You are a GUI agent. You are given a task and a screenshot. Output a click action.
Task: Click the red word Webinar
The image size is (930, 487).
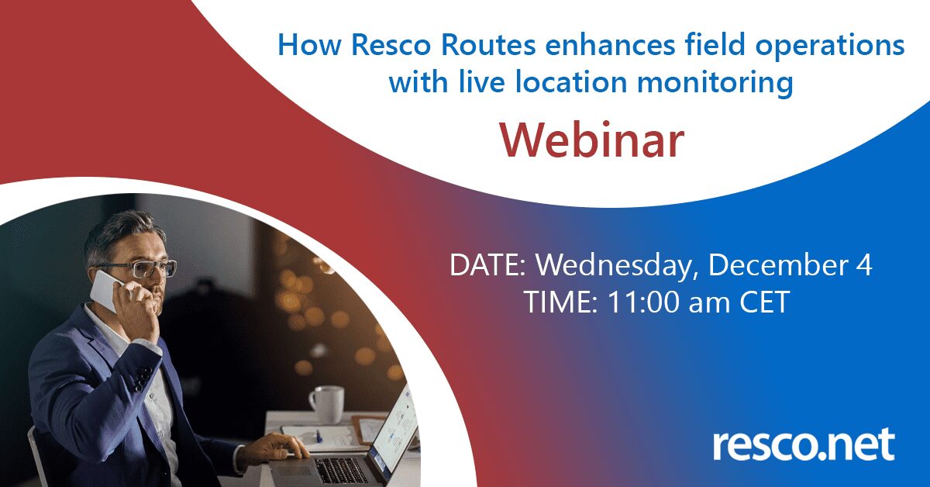[592, 140]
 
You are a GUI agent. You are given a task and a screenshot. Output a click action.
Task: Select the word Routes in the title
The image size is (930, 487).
[488, 45]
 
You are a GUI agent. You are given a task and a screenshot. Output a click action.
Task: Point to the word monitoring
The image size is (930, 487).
[715, 82]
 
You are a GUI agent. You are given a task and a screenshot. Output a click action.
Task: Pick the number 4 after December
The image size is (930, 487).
[863, 265]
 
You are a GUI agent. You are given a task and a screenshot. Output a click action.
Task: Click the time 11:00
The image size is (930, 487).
[643, 302]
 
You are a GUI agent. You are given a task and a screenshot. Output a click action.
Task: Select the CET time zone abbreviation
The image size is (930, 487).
[764, 302]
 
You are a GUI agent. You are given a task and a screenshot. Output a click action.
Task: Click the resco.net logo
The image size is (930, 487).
[804, 444]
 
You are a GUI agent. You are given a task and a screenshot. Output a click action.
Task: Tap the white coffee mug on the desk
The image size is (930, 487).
[326, 404]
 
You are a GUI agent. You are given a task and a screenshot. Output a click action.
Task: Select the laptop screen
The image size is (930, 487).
[396, 428]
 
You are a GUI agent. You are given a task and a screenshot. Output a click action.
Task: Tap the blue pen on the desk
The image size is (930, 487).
[319, 436]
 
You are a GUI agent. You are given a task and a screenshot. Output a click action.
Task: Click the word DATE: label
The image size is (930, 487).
[487, 265]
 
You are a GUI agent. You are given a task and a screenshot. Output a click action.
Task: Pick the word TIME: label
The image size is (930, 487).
[560, 302]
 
